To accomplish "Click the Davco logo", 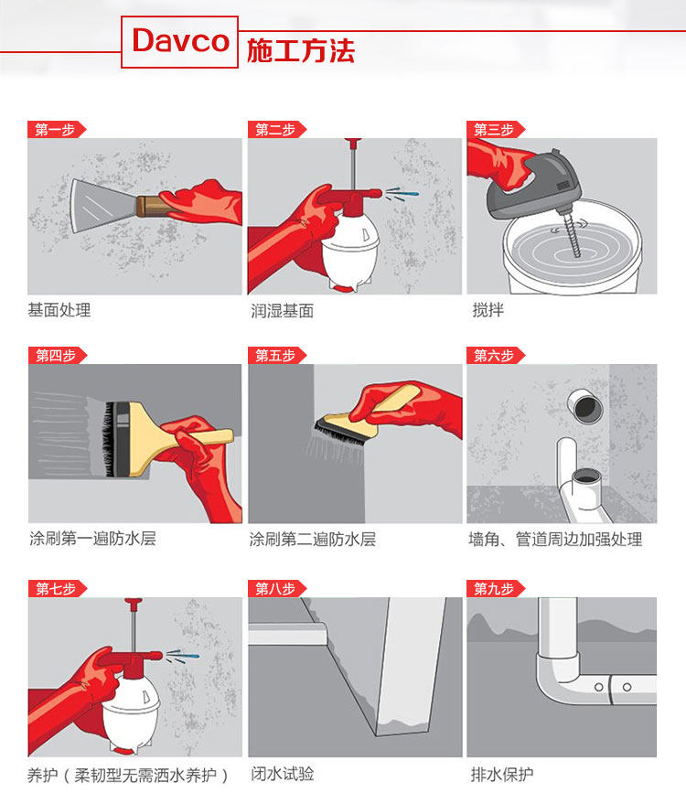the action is (x=179, y=41).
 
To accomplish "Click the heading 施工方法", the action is (x=301, y=50).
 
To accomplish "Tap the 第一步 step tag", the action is (x=56, y=130).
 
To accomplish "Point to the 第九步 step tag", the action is (x=495, y=589).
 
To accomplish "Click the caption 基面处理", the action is (x=59, y=309).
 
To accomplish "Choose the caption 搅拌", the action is (x=488, y=309).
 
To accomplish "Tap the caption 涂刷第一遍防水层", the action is (x=92, y=538).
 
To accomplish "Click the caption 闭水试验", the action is (x=283, y=773).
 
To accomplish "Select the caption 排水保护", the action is (x=502, y=774).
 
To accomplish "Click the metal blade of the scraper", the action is (x=102, y=206).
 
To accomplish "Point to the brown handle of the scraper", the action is (x=151, y=206).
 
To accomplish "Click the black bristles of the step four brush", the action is (x=109, y=439).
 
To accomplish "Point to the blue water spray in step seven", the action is (x=183, y=656).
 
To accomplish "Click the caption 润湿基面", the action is (x=283, y=310).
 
